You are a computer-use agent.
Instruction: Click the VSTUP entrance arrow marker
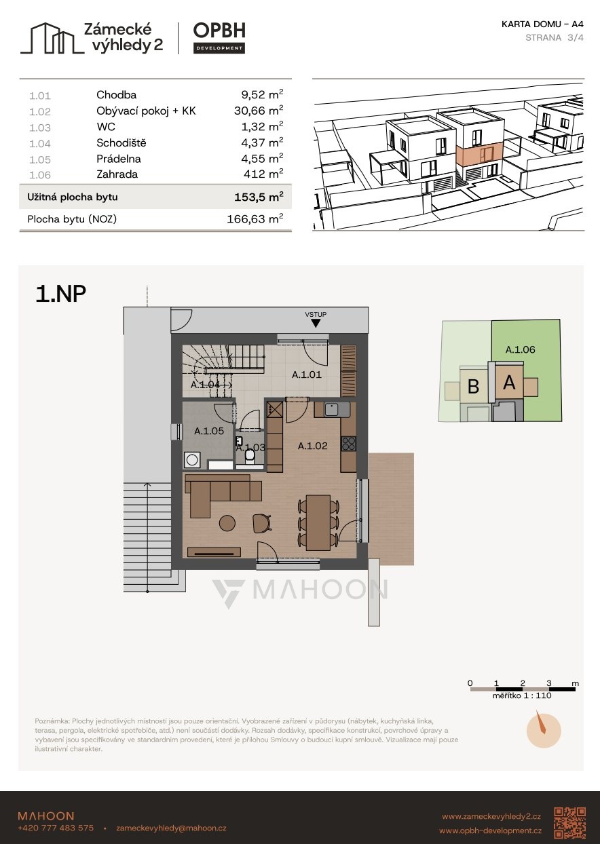[316, 323]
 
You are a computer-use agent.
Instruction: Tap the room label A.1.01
[307, 375]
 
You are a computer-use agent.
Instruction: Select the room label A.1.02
[312, 446]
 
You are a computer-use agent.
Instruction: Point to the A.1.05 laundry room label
[209, 431]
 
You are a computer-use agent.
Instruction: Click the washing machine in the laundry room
[192, 460]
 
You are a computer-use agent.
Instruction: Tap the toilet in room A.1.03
[250, 457]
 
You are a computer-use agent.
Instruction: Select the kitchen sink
[333, 410]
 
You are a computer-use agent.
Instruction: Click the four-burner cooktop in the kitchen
[349, 443]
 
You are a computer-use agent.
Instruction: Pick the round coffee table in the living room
[227, 523]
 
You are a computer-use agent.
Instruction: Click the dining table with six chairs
[318, 522]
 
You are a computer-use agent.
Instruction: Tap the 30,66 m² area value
[259, 111]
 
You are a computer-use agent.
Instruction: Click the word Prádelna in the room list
[119, 159]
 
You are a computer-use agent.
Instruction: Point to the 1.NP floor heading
[60, 294]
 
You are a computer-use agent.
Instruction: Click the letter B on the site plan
[473, 386]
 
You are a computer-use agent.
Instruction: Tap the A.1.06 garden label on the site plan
[520, 349]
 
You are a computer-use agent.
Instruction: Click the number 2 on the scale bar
[523, 683]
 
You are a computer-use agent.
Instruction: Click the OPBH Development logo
[219, 38]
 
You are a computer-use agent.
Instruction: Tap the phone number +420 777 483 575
[56, 828]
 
